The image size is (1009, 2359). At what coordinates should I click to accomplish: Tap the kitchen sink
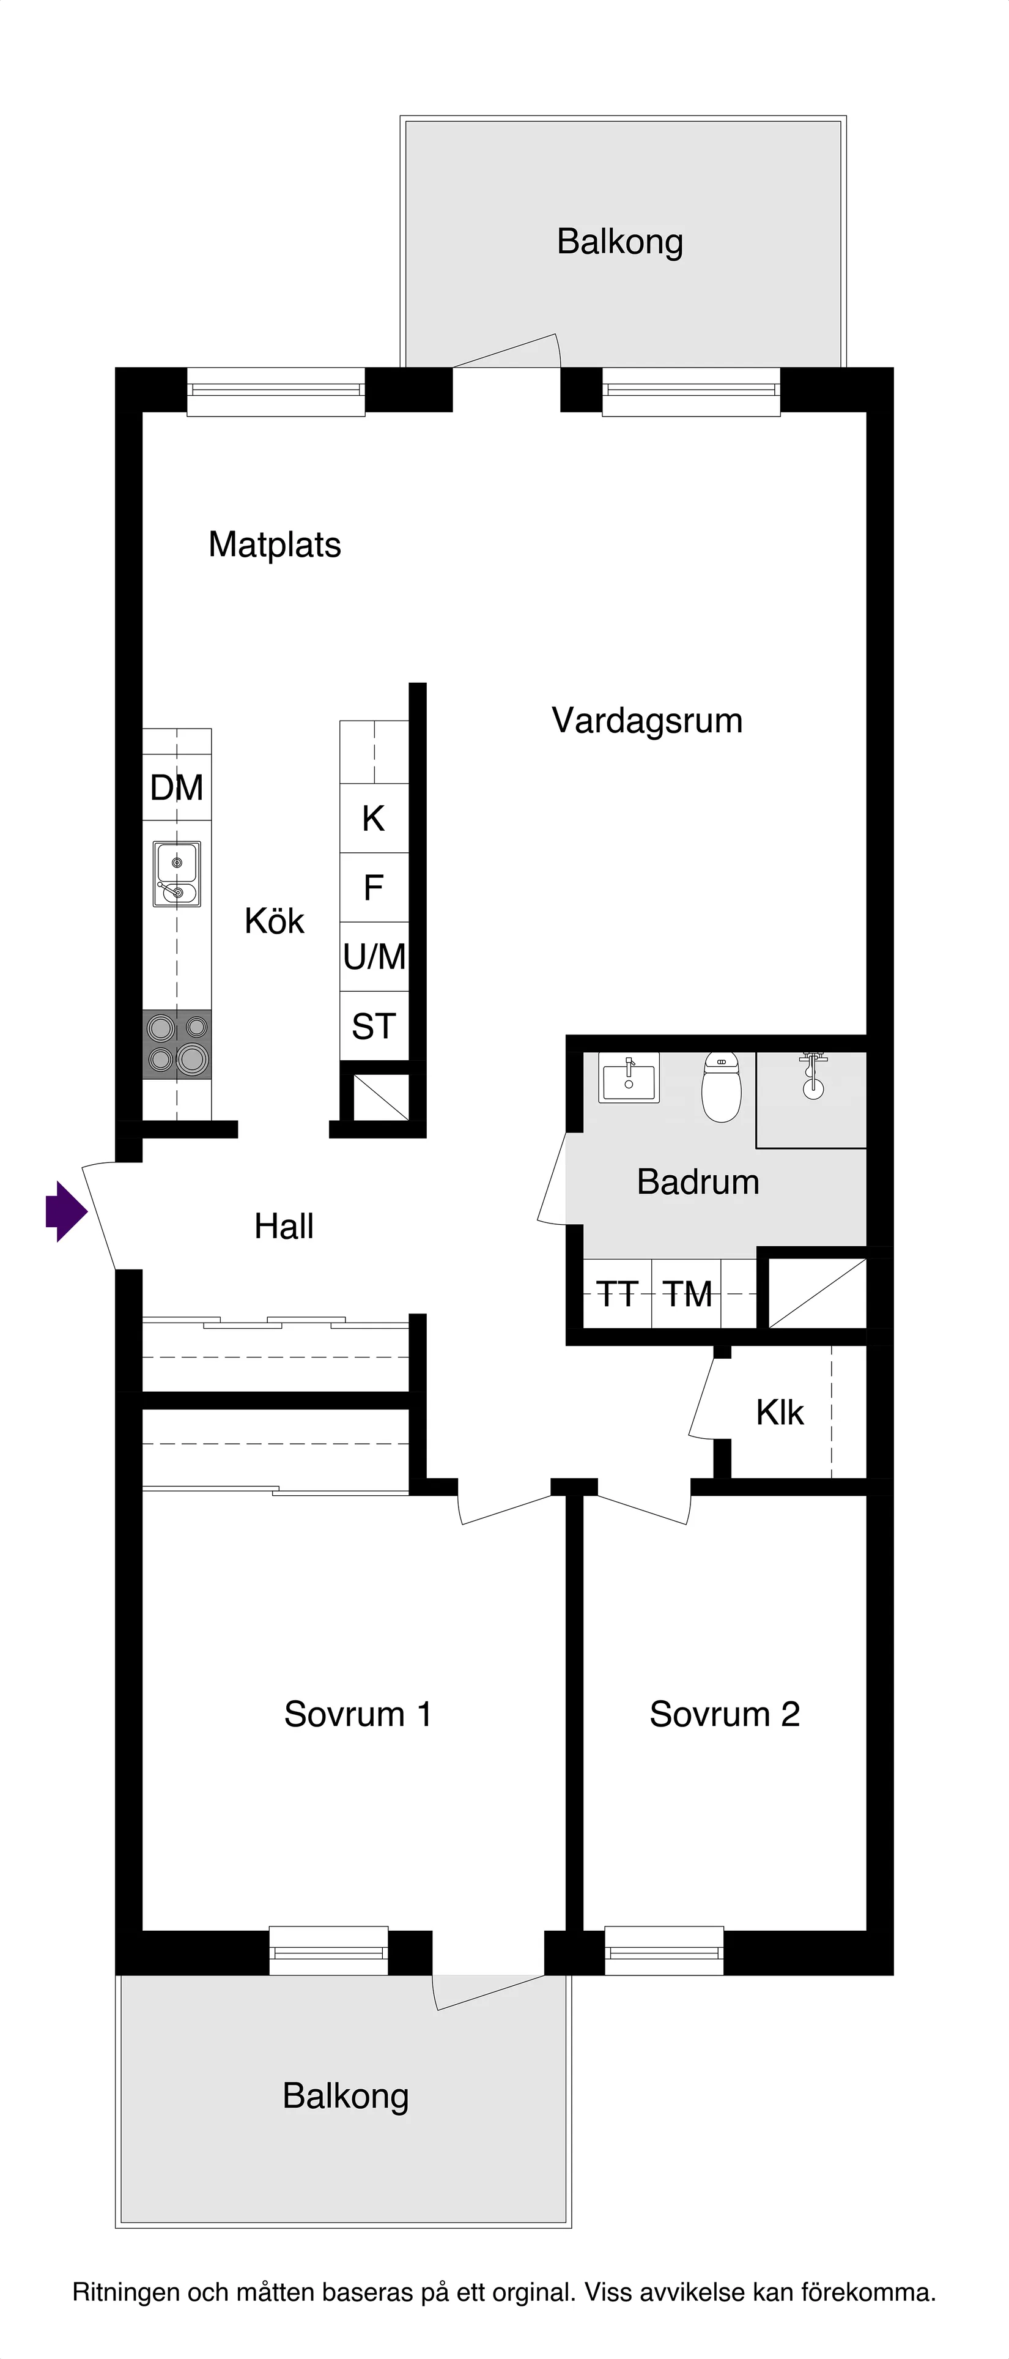click(x=177, y=875)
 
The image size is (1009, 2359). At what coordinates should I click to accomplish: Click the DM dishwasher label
click(x=177, y=787)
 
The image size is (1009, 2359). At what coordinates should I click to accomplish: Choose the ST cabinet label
click(x=374, y=1027)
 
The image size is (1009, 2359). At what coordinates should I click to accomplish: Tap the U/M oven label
click(x=374, y=957)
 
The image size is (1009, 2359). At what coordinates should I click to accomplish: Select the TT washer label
click(x=617, y=1294)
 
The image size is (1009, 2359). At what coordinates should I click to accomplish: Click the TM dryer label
click(x=687, y=1294)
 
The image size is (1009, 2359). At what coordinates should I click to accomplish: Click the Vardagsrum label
click(x=646, y=721)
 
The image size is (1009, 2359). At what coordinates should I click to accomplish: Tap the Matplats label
click(x=275, y=545)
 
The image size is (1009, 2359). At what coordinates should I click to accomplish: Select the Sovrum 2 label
click(x=724, y=1714)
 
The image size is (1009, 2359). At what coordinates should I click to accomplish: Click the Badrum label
click(x=698, y=1181)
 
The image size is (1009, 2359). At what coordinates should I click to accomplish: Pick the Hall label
click(x=284, y=1226)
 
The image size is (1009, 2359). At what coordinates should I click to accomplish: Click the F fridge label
click(x=374, y=887)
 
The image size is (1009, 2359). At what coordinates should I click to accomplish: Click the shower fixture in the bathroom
click(x=812, y=1077)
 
